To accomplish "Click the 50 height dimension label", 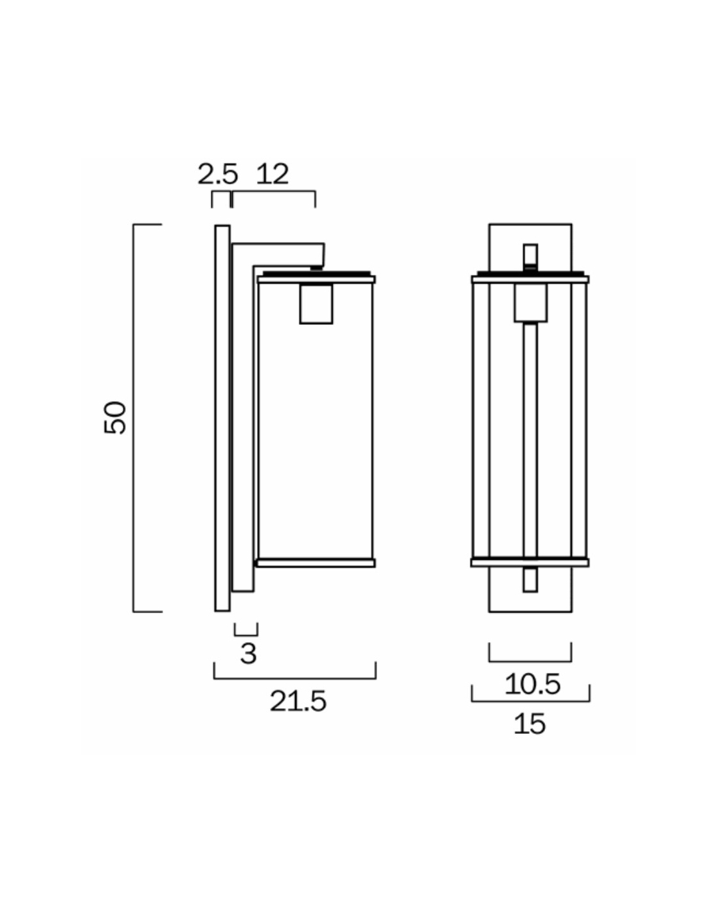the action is tap(114, 417).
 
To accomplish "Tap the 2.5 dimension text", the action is tap(218, 175).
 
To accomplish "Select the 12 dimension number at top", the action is tap(273, 175).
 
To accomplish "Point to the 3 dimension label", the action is tap(248, 654).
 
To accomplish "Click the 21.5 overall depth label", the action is tap(298, 701).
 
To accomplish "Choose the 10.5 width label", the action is tap(532, 684).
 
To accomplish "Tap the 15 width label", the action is tap(530, 724).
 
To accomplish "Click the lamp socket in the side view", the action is tap(316, 304).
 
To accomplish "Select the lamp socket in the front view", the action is tap(530, 303).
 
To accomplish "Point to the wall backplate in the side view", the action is tap(222, 417).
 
